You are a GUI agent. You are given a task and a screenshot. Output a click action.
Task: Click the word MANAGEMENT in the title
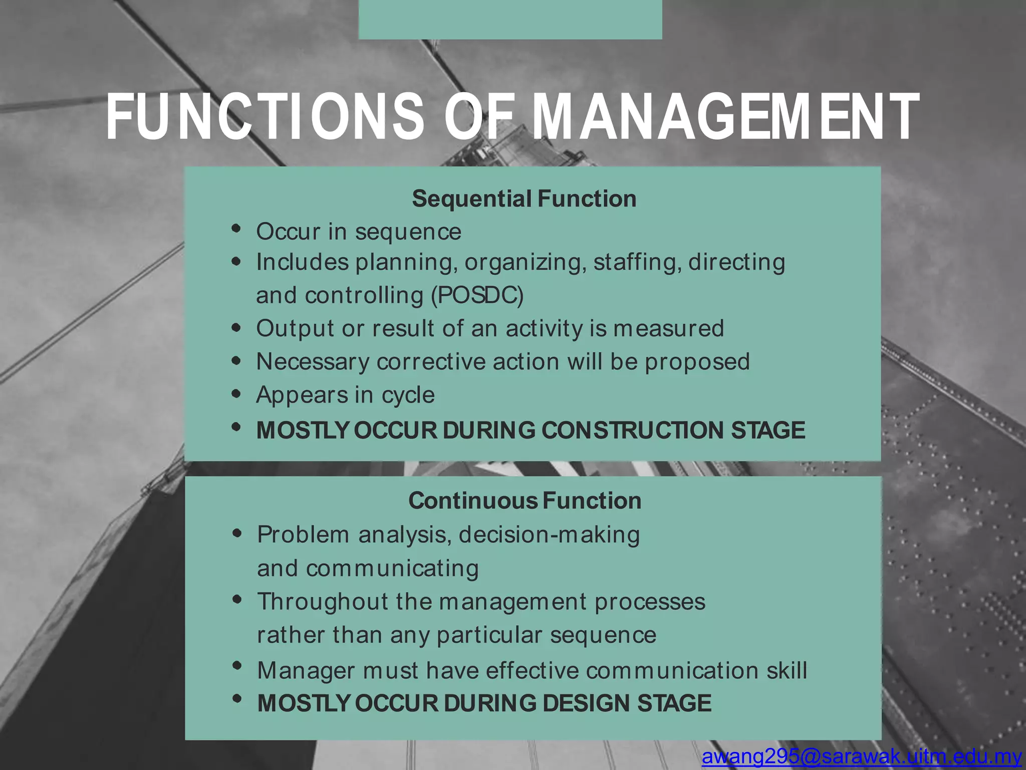coord(724,118)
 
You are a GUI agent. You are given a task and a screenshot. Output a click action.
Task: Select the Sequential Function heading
coord(524,199)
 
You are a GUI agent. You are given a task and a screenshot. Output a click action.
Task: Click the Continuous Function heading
coord(525,501)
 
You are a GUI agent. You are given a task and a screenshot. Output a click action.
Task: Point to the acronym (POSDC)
coord(477,295)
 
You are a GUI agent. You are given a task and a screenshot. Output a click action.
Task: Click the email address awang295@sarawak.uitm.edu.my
coord(862,756)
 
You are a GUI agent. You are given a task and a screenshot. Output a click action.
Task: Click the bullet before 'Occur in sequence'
coord(236,229)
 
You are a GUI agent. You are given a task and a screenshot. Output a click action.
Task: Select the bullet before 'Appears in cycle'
coord(236,393)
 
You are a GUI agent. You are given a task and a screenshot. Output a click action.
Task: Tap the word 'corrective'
coord(431,362)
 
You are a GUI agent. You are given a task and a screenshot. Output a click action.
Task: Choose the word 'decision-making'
coord(549,535)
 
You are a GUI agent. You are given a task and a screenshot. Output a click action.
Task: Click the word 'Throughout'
coord(323,602)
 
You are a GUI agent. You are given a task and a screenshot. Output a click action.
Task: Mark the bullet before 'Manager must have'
coord(237,666)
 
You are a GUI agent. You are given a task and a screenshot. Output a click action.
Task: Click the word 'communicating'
coord(392,568)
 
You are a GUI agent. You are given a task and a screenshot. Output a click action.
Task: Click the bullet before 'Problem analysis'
coord(237,533)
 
